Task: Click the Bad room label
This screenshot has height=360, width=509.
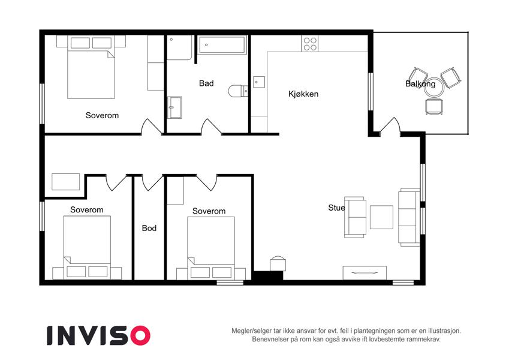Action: click(206, 83)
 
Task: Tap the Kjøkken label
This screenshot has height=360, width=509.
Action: click(303, 94)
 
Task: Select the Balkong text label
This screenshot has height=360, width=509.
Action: click(420, 84)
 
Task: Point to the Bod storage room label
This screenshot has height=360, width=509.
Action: click(149, 228)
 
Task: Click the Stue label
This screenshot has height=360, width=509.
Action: click(336, 208)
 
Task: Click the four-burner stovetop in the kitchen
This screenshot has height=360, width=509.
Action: click(310, 44)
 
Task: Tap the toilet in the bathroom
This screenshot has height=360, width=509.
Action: click(238, 91)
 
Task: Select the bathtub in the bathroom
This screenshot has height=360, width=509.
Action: click(222, 45)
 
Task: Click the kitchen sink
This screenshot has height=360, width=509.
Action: click(259, 82)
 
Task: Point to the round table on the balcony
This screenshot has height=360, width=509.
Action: click(434, 88)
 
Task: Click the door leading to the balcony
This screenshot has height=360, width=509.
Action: click(390, 126)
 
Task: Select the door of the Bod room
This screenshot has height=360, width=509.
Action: click(152, 182)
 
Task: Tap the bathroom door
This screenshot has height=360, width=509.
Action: click(211, 127)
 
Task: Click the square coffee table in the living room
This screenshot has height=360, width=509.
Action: click(381, 217)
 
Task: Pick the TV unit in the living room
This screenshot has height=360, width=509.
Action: click(365, 273)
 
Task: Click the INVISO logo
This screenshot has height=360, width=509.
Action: click(98, 335)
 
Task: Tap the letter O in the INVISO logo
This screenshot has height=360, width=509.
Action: click(140, 335)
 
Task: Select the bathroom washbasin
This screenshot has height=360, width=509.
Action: click(174, 107)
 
